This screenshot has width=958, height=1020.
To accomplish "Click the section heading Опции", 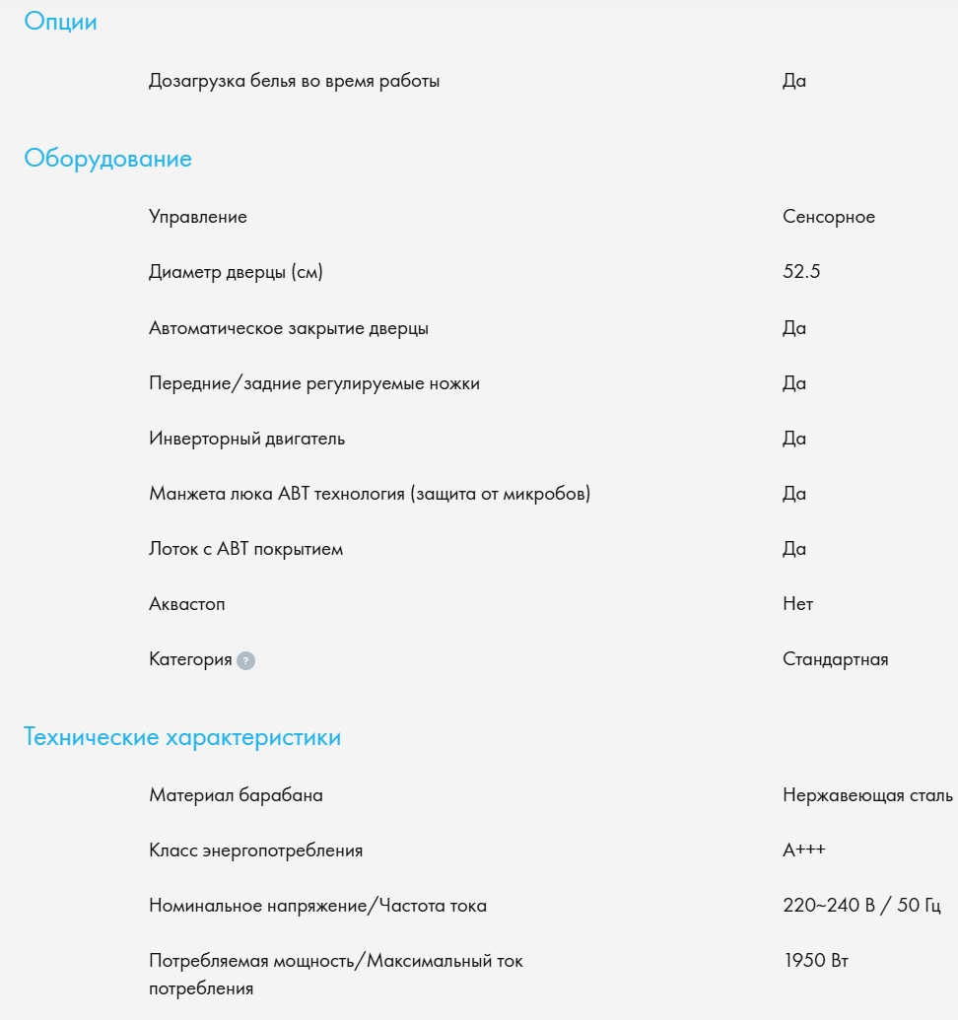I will point(60,22).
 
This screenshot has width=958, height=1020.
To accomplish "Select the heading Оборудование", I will point(107,159).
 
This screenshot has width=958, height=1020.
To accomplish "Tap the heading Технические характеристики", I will point(182,737).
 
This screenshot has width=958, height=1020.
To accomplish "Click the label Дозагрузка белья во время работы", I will point(294,81).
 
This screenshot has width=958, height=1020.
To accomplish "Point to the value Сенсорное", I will point(828,217).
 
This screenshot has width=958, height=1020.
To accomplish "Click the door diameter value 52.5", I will point(801,272).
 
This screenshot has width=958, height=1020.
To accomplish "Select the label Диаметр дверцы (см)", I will point(236,272).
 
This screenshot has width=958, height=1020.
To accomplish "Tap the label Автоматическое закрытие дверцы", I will point(289,328).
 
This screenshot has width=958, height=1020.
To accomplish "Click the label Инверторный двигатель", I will point(246,439).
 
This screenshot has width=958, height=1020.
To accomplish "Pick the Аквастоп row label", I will point(186,604).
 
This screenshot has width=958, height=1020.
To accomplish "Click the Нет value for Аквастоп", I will point(797,604).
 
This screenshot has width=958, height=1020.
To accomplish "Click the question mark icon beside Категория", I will point(245,661).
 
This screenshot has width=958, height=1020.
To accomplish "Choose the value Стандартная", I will point(835,659).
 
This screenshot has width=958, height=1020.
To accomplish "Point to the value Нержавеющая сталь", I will point(867,795).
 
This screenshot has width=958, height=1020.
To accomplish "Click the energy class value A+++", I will point(804,850).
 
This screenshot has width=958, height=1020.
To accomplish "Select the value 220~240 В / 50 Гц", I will point(861,906).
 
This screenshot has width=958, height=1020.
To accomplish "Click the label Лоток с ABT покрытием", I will point(245,549).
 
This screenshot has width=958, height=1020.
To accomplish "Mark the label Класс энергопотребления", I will point(255,850).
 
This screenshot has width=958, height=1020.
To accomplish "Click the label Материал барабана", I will point(236,795).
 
